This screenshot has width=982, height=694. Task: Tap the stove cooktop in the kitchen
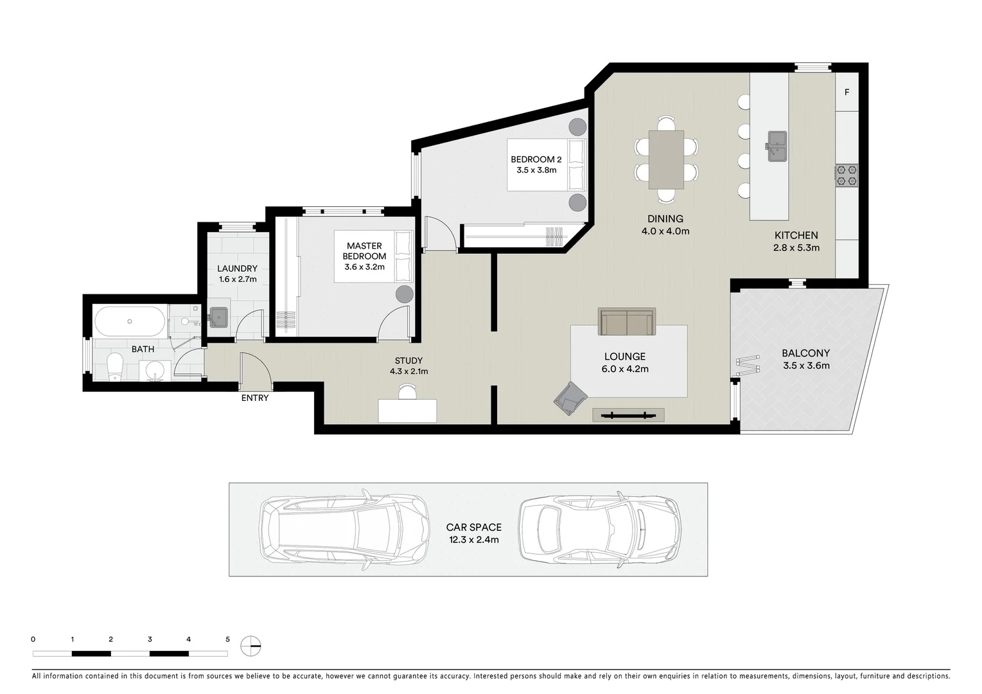click(846, 175)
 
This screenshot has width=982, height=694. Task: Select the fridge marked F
click(846, 93)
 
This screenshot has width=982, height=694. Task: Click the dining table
click(666, 159)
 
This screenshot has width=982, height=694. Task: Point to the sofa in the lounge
click(626, 322)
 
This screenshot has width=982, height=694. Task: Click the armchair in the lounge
click(569, 398)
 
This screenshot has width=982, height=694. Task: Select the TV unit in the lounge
click(628, 415)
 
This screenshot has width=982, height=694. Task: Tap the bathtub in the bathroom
click(130, 321)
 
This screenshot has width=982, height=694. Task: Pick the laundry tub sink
click(218, 317)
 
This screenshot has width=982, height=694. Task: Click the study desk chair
click(407, 391)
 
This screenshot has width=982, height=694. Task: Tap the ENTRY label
click(255, 398)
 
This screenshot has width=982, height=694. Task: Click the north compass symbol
click(251, 645)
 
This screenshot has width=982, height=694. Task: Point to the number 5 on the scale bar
click(227, 639)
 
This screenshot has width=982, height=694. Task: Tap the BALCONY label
click(805, 353)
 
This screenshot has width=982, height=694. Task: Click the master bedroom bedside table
click(404, 294)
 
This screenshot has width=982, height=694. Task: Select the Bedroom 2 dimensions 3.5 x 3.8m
click(536, 170)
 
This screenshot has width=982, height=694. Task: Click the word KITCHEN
click(796, 236)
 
